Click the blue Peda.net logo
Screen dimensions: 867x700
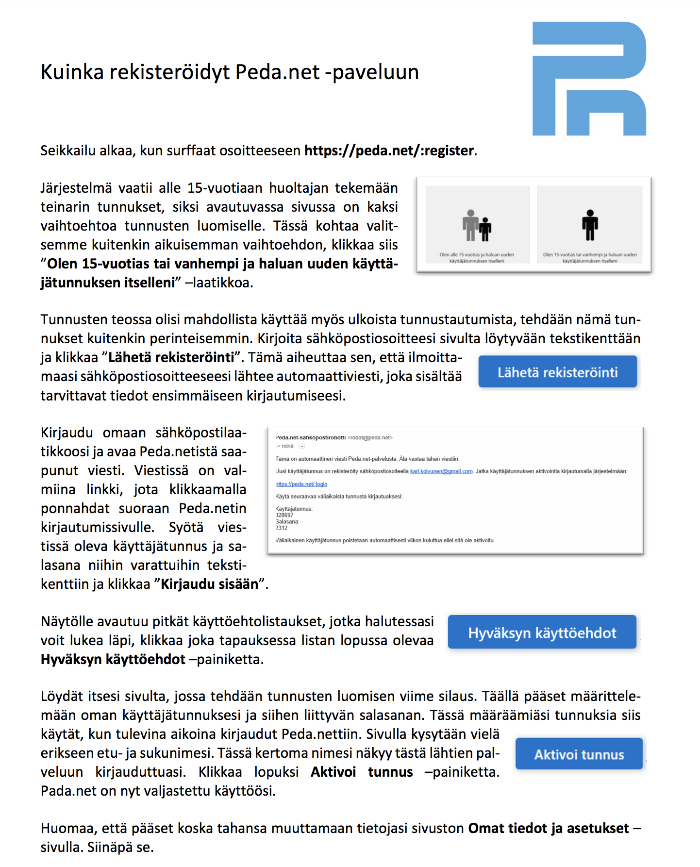pyautogui.click(x=589, y=79)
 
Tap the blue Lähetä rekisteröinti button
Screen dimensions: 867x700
pyautogui.click(x=557, y=372)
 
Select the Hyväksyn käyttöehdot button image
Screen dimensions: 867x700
pyautogui.click(x=542, y=633)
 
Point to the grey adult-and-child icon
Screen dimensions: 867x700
pyautogui.click(x=477, y=226)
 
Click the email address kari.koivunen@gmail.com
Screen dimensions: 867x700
pyautogui.click(x=441, y=471)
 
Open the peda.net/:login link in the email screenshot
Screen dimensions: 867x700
pyautogui.click(x=302, y=484)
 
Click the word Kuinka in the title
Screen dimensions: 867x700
pyautogui.click(x=72, y=72)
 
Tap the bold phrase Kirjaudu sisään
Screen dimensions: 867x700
pyautogui.click(x=209, y=584)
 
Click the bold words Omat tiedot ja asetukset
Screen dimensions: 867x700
pyautogui.click(x=549, y=828)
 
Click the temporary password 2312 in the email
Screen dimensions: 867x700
pyautogui.click(x=282, y=528)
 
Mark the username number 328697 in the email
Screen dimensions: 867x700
pyautogui.click(x=285, y=515)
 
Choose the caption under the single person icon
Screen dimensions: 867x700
pyautogui.click(x=590, y=257)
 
